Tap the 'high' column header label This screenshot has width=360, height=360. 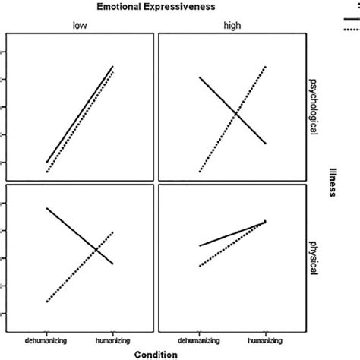[x=231, y=25]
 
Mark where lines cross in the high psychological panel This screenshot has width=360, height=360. [x=235, y=114]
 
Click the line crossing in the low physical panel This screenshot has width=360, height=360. [x=96, y=248]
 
